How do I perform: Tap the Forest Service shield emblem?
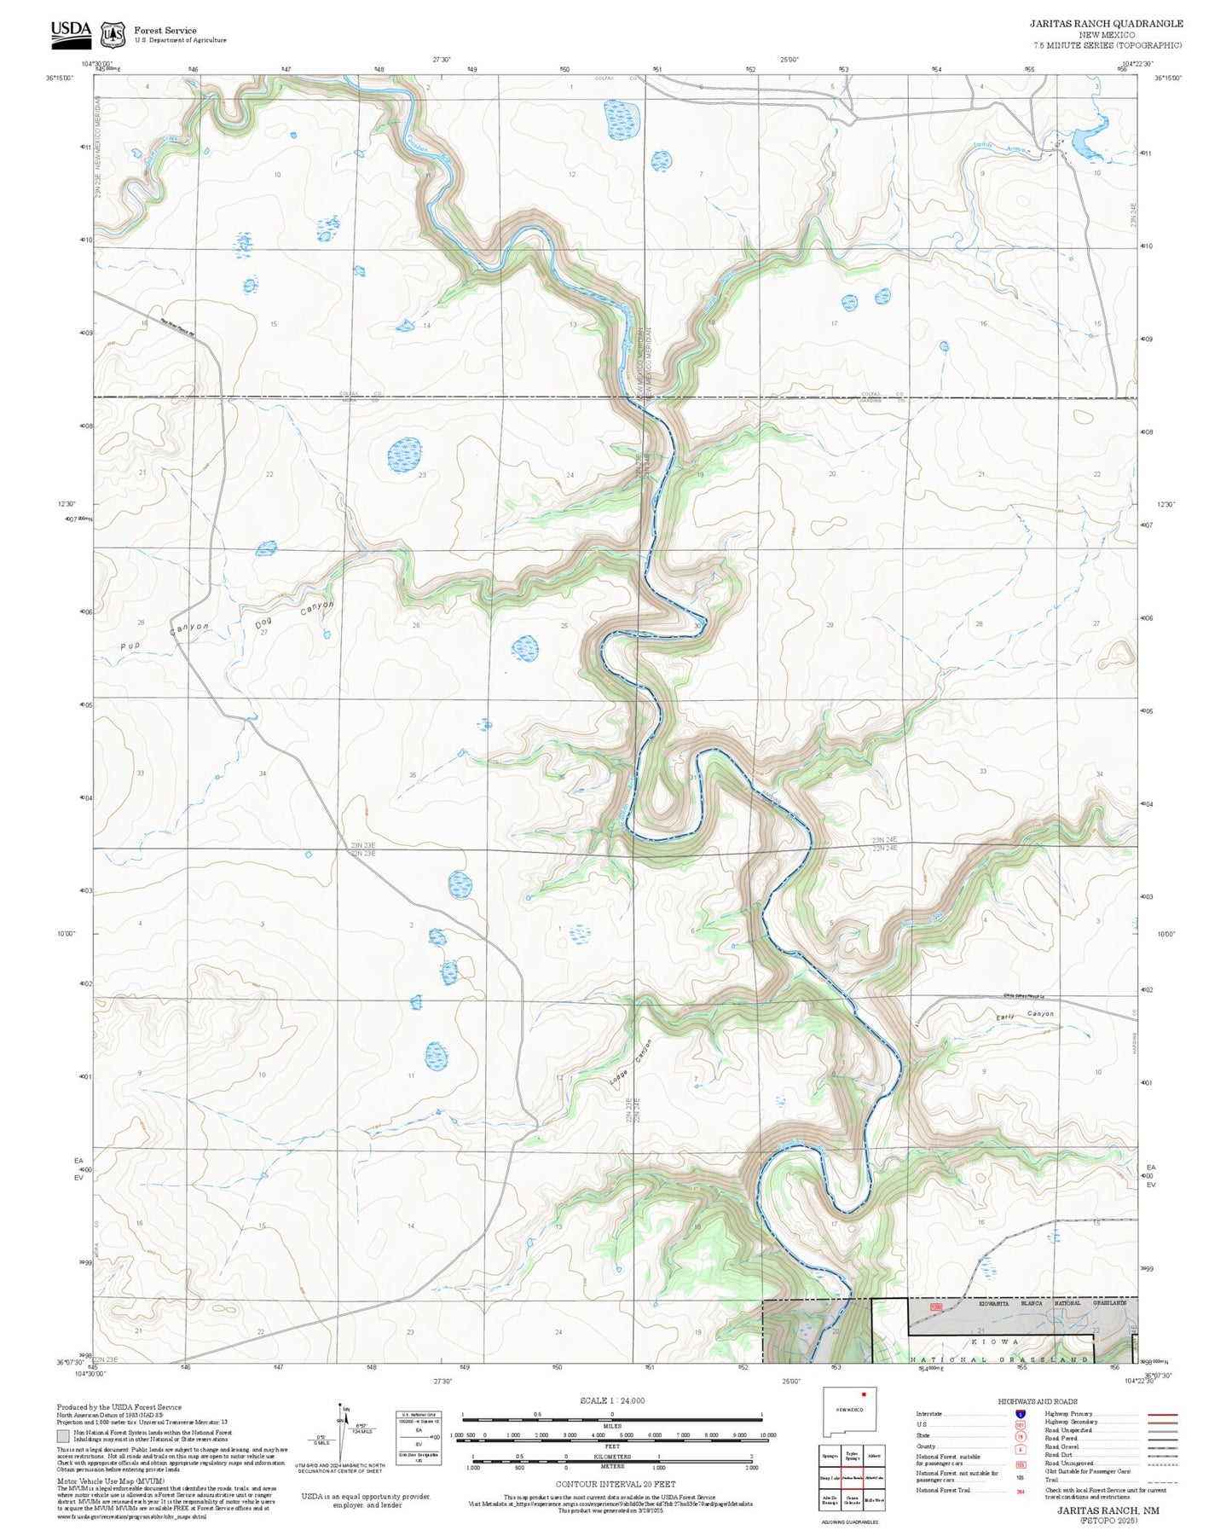pyautogui.click(x=112, y=34)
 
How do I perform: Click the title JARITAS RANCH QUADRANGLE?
pyautogui.click(x=1105, y=24)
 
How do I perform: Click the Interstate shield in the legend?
pyautogui.click(x=1021, y=1413)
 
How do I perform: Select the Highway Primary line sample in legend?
pyautogui.click(x=1162, y=1413)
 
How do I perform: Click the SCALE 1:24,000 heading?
pyautogui.click(x=611, y=1400)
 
